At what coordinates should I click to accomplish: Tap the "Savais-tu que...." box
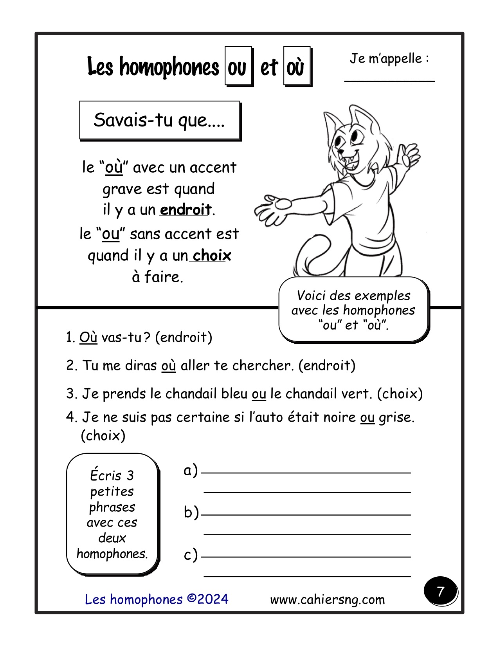[159, 120]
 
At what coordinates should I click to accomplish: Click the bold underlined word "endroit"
[186, 210]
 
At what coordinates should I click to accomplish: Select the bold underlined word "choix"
[212, 256]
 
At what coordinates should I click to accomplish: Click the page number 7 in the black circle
[440, 591]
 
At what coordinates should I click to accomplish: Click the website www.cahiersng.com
[327, 599]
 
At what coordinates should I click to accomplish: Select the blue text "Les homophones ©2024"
[157, 599]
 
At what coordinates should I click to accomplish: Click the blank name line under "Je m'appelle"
[389, 81]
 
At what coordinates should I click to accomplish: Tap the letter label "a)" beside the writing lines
[191, 471]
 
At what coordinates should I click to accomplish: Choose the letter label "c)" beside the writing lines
[191, 555]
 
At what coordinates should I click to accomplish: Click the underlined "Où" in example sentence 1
[88, 337]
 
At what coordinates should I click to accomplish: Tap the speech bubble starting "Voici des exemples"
[353, 310]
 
